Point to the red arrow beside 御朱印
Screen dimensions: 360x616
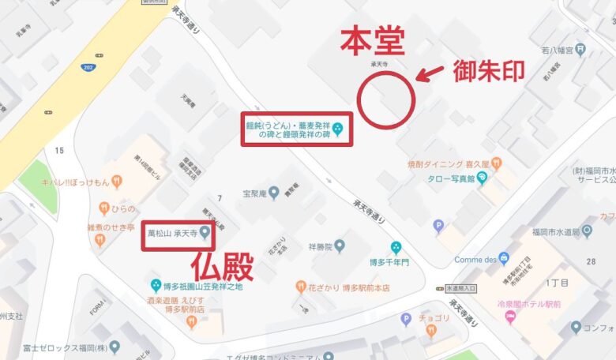click(x=430, y=75)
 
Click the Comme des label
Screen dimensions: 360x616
click(x=475, y=259)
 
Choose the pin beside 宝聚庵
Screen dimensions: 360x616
click(x=273, y=192)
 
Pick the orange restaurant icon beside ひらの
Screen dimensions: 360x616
click(x=103, y=208)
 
